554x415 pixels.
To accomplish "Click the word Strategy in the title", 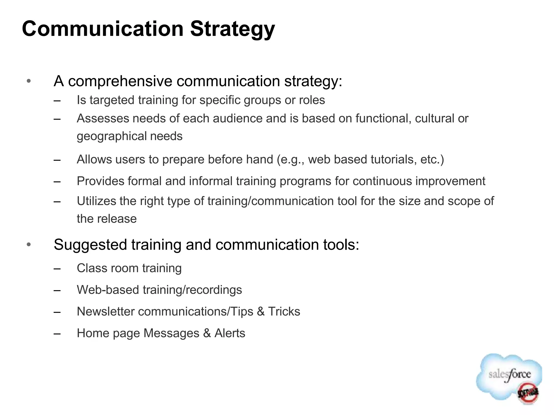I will [x=232, y=29].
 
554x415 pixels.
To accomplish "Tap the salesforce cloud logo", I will [x=509, y=377].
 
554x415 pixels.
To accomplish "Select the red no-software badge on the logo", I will [x=528, y=393].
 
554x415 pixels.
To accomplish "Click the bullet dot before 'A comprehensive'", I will [x=29, y=81].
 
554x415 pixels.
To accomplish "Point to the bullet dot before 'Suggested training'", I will [x=29, y=245].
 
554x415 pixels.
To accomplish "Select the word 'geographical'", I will [x=111, y=136].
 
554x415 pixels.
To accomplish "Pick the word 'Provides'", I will [x=100, y=181].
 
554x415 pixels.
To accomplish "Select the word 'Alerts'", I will [x=230, y=333].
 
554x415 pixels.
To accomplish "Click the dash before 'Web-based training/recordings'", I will [x=57, y=290].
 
